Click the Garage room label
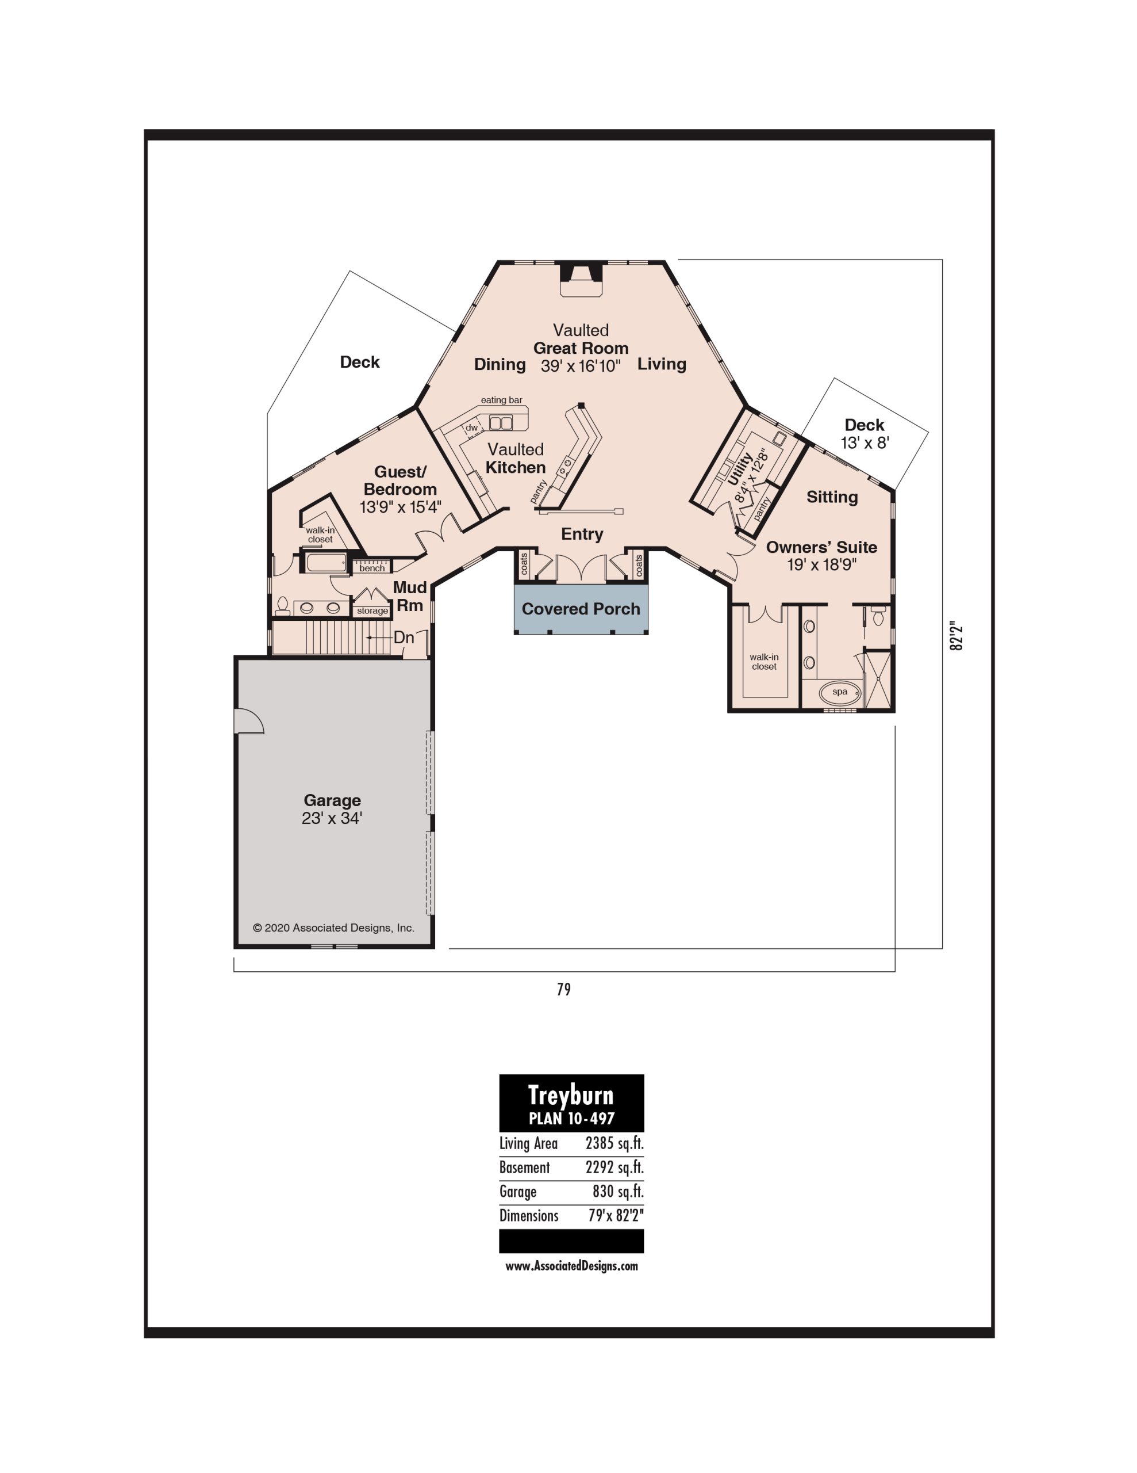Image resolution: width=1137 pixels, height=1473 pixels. point(332,800)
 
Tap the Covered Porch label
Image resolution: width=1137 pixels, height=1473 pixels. point(581,609)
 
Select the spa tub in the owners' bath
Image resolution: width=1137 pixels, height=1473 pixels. point(840,693)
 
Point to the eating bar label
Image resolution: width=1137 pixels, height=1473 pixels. point(501,400)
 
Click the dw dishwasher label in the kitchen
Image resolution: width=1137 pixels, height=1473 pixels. point(472,428)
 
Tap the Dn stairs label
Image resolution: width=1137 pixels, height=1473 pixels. point(404,638)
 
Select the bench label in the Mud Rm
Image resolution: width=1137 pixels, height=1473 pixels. point(372,568)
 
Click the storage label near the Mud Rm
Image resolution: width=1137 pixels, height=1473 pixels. point(372,611)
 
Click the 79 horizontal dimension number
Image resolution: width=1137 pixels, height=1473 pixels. point(564,990)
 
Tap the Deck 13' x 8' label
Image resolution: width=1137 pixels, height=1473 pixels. point(865,434)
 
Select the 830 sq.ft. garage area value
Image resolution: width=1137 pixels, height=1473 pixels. point(618,1191)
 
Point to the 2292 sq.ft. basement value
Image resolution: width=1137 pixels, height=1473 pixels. point(614,1167)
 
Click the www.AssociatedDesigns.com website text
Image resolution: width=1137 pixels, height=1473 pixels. point(571,1266)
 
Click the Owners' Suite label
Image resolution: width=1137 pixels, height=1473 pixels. point(821,547)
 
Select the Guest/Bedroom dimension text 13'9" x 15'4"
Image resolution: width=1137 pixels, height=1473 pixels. point(400,507)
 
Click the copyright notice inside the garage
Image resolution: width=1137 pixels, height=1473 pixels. point(333,928)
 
